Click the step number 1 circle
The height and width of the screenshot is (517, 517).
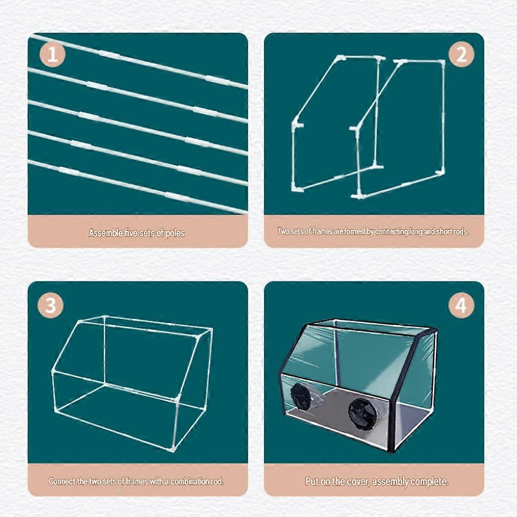click(53, 54)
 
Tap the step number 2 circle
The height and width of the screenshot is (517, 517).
click(461, 54)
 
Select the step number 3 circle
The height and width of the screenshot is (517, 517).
click(50, 305)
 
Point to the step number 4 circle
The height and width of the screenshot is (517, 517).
click(461, 305)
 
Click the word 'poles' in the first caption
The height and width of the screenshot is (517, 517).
click(175, 233)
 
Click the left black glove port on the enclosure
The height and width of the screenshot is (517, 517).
click(300, 396)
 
